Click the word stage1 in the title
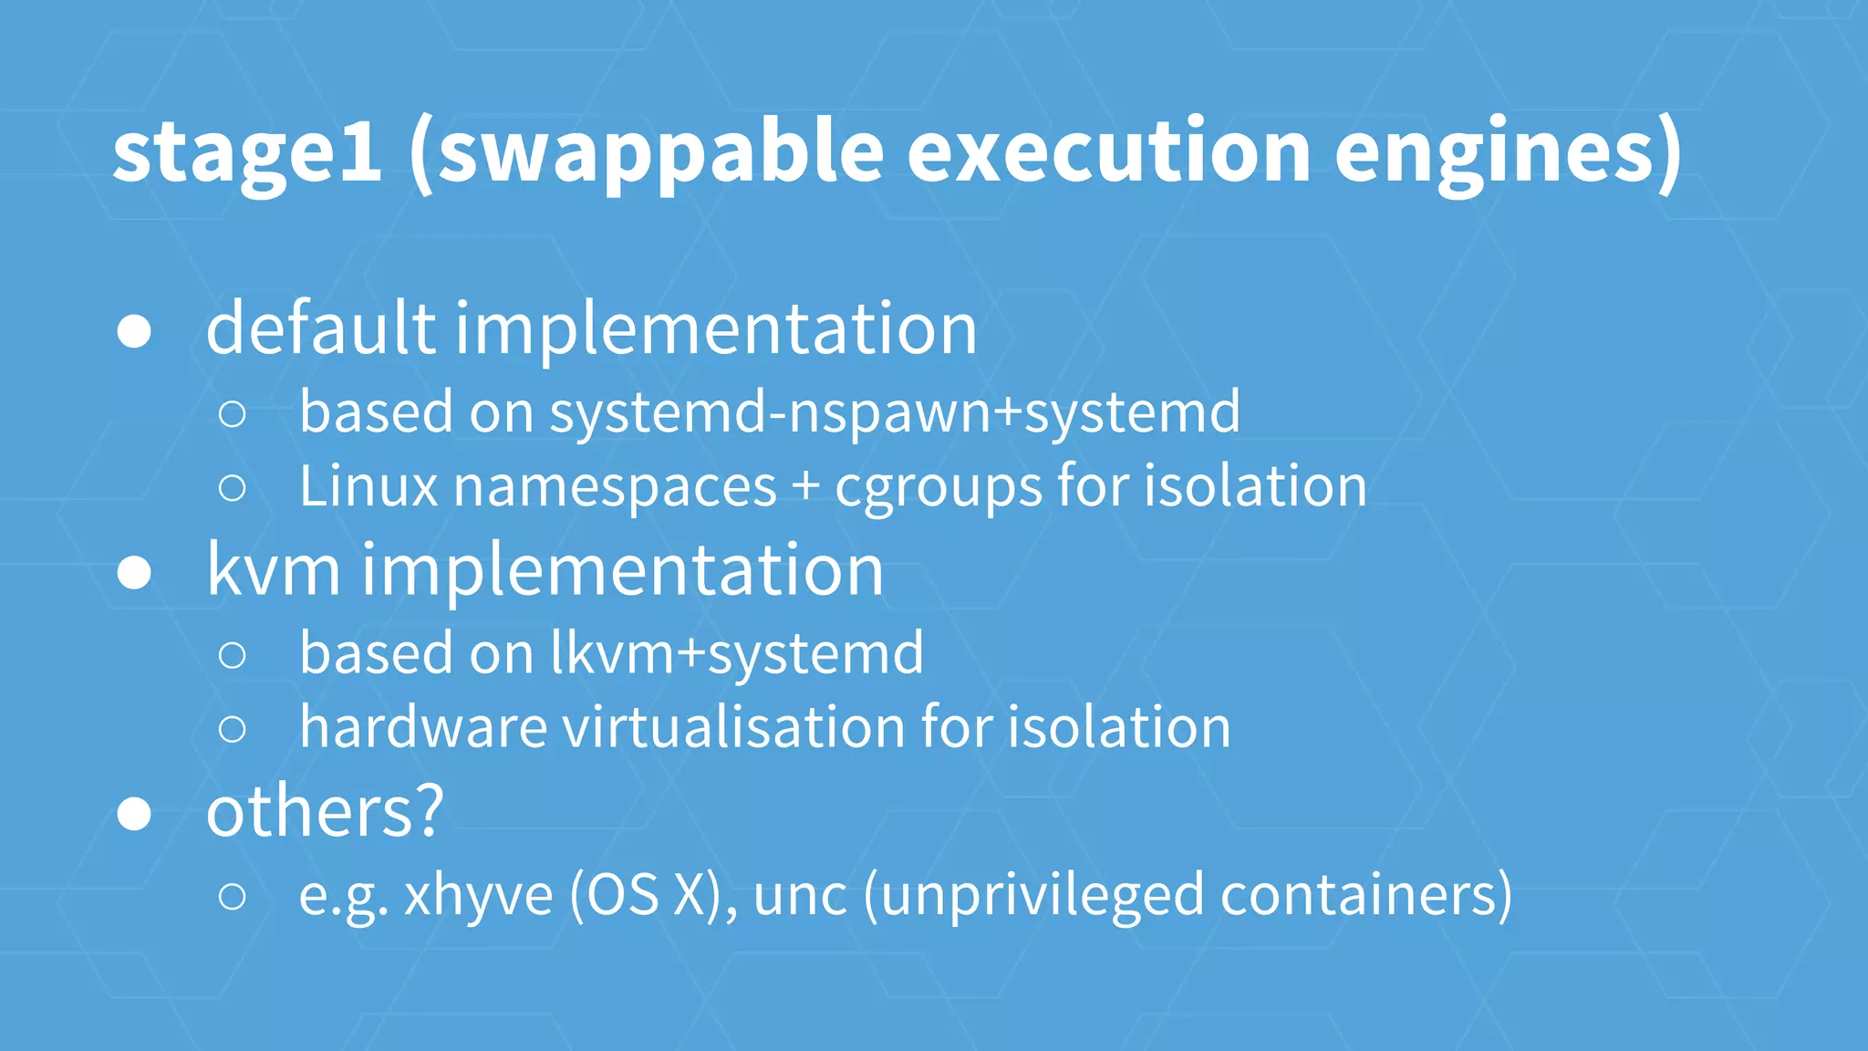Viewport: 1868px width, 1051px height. click(246, 152)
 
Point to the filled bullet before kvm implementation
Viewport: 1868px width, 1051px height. click(134, 573)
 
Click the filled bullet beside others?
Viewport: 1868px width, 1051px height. click(134, 814)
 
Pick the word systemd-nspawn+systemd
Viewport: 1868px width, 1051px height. click(895, 412)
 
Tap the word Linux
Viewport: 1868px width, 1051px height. click(368, 485)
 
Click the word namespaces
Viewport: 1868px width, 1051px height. click(615, 487)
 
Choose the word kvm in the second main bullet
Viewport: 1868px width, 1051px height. click(274, 570)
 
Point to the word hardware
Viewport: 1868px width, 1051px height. click(423, 727)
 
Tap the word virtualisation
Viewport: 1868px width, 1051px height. click(733, 727)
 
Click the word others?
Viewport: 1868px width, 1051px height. click(325, 811)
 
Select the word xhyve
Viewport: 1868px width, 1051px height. click(478, 896)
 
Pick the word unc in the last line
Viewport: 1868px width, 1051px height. click(800, 896)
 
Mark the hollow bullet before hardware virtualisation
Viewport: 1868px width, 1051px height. click(233, 729)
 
